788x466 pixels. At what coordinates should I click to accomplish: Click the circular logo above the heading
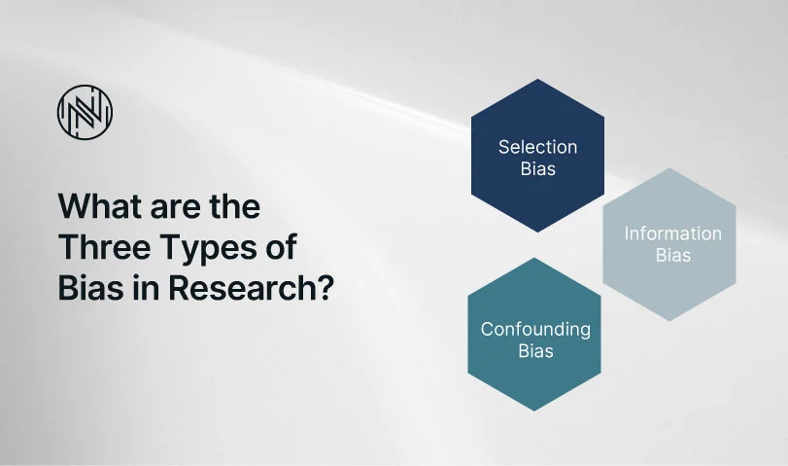point(85,112)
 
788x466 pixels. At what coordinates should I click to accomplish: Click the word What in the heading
point(96,206)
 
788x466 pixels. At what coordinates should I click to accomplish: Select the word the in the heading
point(235,206)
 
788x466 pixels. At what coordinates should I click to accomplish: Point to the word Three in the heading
point(105,247)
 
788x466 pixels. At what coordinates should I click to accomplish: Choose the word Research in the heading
point(242,288)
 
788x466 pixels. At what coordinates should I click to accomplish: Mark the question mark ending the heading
point(325,288)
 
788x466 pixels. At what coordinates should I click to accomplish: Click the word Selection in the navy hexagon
point(537,147)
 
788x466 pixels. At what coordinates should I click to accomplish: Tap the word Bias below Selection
point(537,169)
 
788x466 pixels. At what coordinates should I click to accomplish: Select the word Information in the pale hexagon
point(673,233)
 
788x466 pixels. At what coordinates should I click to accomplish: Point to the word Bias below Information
point(673,256)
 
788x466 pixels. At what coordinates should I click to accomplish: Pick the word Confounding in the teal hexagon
point(535,329)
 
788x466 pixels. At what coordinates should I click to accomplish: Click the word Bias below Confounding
point(535,351)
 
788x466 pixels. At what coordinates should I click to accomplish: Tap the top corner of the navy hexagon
point(537,79)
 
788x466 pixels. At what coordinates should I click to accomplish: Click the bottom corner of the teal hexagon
point(534,411)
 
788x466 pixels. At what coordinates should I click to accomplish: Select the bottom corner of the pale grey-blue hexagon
point(669,321)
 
